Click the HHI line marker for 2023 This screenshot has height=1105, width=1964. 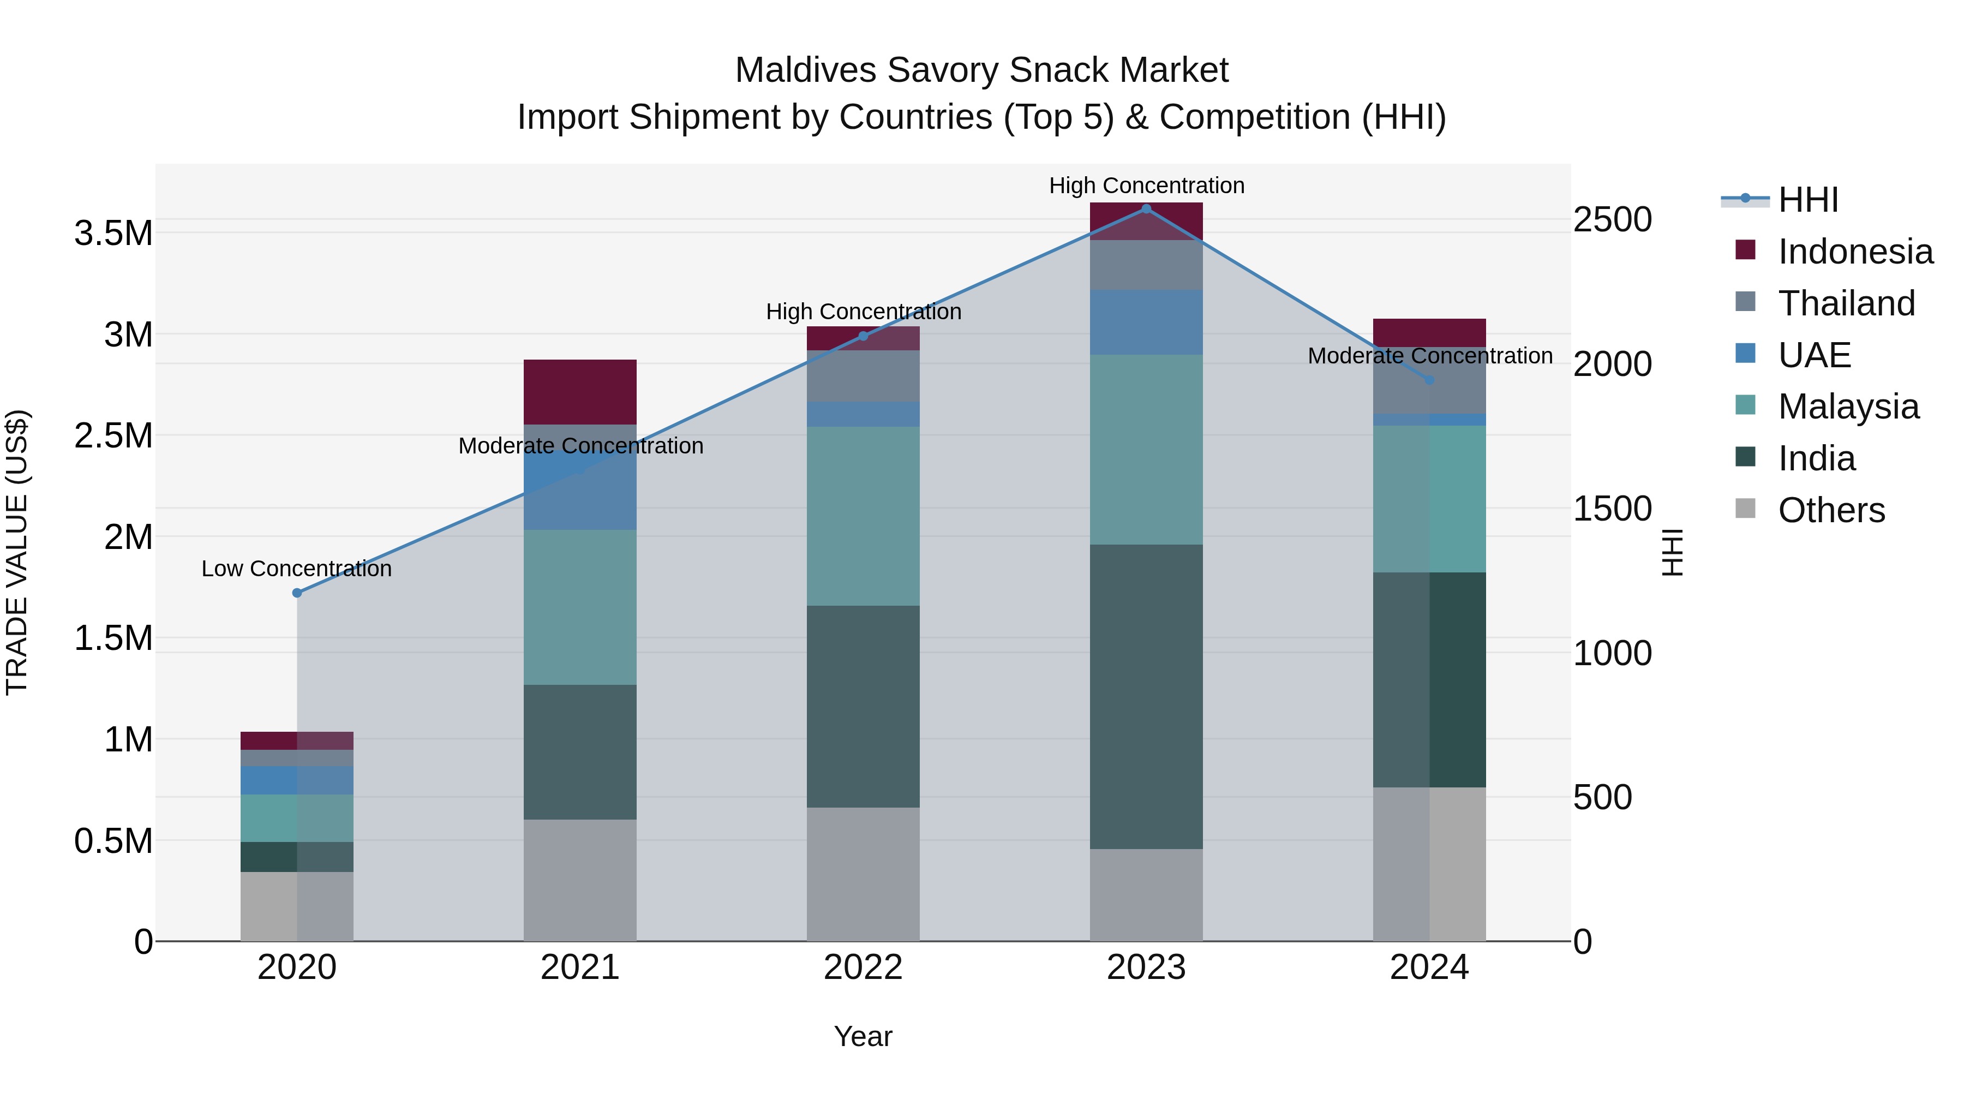coord(1146,209)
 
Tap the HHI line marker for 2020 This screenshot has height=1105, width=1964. coord(297,593)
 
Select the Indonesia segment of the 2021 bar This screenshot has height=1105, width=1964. coord(580,392)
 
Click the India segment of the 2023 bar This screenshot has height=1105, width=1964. coord(1146,696)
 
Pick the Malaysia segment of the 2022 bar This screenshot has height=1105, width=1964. coord(863,516)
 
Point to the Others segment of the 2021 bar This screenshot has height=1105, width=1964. coord(580,880)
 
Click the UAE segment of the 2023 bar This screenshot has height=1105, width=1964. coord(1146,322)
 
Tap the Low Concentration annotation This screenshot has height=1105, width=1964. coord(297,569)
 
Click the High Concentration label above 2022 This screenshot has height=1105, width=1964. coord(863,312)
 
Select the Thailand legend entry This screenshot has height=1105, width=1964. coord(1846,303)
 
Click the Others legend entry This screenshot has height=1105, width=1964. coord(1830,510)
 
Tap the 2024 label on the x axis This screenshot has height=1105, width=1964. coord(1429,967)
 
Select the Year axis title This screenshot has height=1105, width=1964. coord(863,1036)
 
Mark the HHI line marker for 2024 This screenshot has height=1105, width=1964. coord(1429,380)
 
